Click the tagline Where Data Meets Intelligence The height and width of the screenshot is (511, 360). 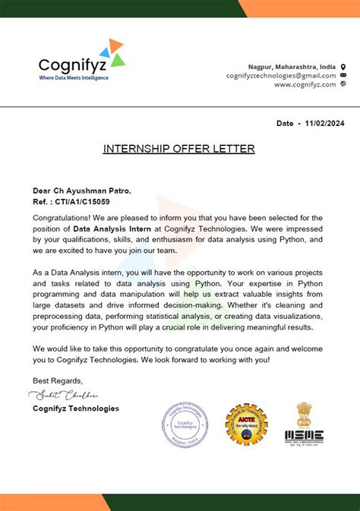coord(74,77)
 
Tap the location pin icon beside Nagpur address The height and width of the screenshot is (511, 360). coord(343,67)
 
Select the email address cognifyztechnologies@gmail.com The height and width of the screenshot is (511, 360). coord(281,76)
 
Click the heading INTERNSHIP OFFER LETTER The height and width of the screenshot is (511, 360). coord(179,149)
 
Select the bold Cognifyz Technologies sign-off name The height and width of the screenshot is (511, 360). coord(76,408)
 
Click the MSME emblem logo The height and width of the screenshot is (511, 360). coord(304,423)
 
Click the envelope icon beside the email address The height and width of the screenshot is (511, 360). coord(343,76)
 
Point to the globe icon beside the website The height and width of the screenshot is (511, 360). coord(343,84)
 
